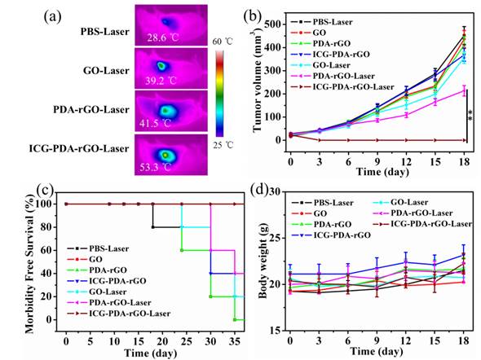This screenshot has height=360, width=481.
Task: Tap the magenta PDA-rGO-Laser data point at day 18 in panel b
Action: click(x=464, y=90)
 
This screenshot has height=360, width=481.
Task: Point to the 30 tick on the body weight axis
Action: click(x=276, y=192)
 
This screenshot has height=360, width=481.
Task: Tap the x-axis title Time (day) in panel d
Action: click(x=376, y=351)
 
